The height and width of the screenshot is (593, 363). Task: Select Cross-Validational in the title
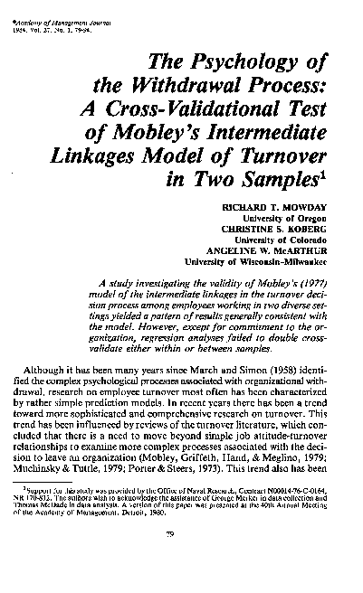(x=222, y=110)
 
